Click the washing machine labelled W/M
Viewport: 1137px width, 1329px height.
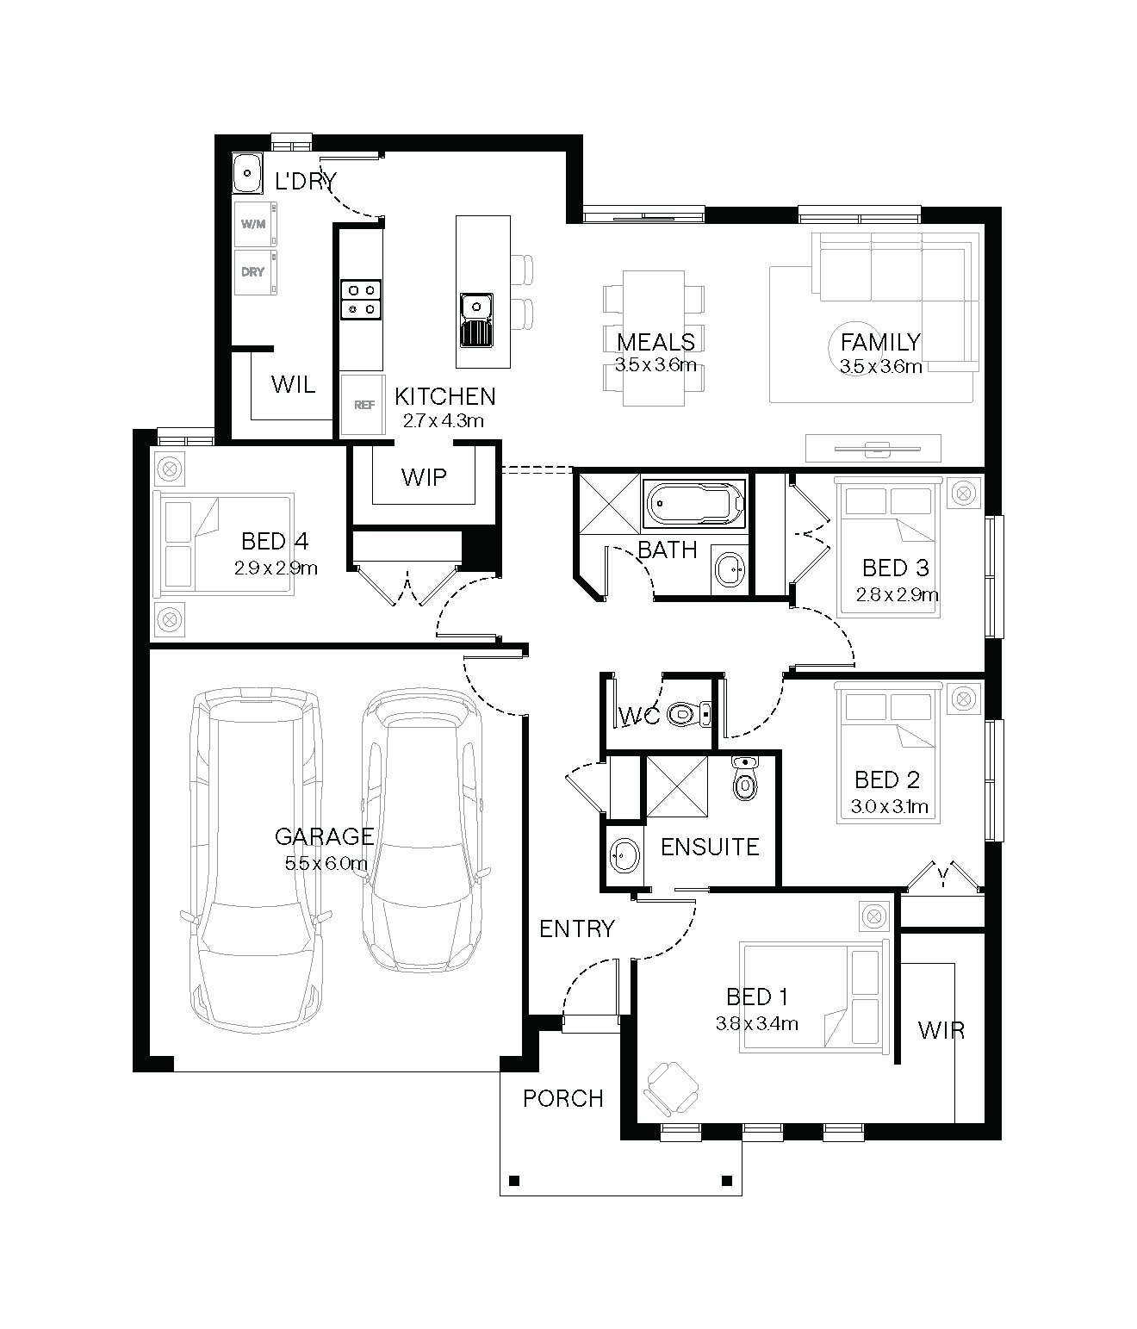click(x=255, y=225)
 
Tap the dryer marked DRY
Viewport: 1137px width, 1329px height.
click(x=255, y=273)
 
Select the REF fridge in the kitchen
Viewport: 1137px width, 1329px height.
click(x=363, y=405)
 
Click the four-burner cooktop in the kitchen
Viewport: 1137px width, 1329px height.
click(x=361, y=300)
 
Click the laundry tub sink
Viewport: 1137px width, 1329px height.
click(x=247, y=173)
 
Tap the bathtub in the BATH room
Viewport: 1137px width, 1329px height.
click(x=694, y=503)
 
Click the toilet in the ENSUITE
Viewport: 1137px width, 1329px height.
click(x=745, y=778)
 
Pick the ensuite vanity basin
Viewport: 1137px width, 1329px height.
click(x=624, y=856)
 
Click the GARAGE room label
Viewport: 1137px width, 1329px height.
click(x=324, y=836)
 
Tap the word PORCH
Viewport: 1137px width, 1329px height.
click(x=563, y=1099)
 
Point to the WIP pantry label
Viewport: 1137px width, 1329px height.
click(x=424, y=478)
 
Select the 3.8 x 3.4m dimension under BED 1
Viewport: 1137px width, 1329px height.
click(x=757, y=1023)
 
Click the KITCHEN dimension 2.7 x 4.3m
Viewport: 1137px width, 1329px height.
click(x=443, y=421)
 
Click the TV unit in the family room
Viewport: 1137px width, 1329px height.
click(x=873, y=448)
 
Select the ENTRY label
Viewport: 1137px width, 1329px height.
click(x=577, y=929)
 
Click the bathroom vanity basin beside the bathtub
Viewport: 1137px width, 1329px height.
click(x=730, y=569)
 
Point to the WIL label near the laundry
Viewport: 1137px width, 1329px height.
click(x=293, y=385)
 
